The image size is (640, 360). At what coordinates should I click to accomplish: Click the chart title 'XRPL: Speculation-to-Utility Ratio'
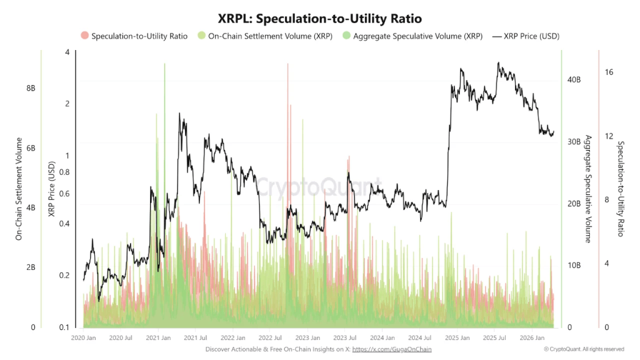(x=319, y=19)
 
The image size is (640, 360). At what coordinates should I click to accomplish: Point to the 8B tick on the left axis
(x=30, y=89)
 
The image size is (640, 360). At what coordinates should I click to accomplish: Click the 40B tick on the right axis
(x=574, y=80)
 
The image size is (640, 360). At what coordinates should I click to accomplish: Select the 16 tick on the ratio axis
(x=609, y=72)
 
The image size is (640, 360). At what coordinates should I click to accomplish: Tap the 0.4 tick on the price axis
(x=64, y=224)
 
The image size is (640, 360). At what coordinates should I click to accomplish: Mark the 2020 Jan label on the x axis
(x=84, y=337)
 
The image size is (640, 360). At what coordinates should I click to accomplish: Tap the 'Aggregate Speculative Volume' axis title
(x=587, y=188)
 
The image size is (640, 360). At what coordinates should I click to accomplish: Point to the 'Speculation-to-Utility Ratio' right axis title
(x=621, y=188)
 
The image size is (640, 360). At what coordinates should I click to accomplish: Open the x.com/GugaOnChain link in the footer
(x=392, y=349)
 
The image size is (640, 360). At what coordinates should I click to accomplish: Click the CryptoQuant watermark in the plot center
(x=319, y=187)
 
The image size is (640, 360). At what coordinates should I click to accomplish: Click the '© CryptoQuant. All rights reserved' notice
(x=584, y=349)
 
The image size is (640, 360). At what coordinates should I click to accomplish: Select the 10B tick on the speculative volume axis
(x=574, y=266)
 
